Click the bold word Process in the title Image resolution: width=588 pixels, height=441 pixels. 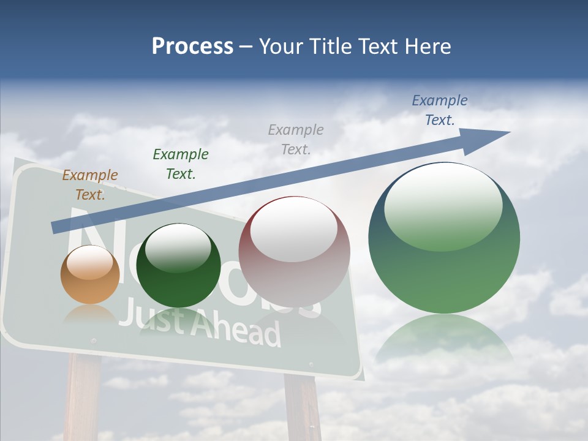[192, 47]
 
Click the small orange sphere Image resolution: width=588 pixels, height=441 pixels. [90, 275]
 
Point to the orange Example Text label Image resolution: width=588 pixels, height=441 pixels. [90, 185]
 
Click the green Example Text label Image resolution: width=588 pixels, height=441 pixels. [181, 164]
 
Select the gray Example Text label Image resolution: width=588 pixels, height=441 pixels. [296, 139]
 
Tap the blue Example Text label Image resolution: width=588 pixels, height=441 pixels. [440, 110]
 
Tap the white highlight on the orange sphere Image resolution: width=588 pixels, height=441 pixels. [89, 263]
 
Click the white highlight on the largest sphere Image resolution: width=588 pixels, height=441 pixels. [443, 207]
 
